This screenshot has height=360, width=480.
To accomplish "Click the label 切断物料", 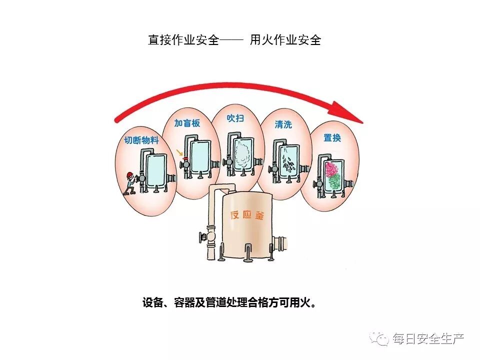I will pos(141,140).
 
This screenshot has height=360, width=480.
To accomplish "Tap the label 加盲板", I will pos(187,123).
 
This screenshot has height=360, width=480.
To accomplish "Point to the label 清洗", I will pos(283,124).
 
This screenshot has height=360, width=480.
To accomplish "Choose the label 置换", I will pos(332,137).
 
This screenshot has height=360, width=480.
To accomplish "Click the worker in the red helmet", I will pos(130,182).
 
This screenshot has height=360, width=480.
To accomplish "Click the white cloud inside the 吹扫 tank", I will pos(243,149).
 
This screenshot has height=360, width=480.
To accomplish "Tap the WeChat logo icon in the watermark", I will pos(381,339).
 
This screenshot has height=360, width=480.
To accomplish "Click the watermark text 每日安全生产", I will pos(428,339).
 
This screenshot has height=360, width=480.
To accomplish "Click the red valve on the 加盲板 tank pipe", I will pos(185,162).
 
